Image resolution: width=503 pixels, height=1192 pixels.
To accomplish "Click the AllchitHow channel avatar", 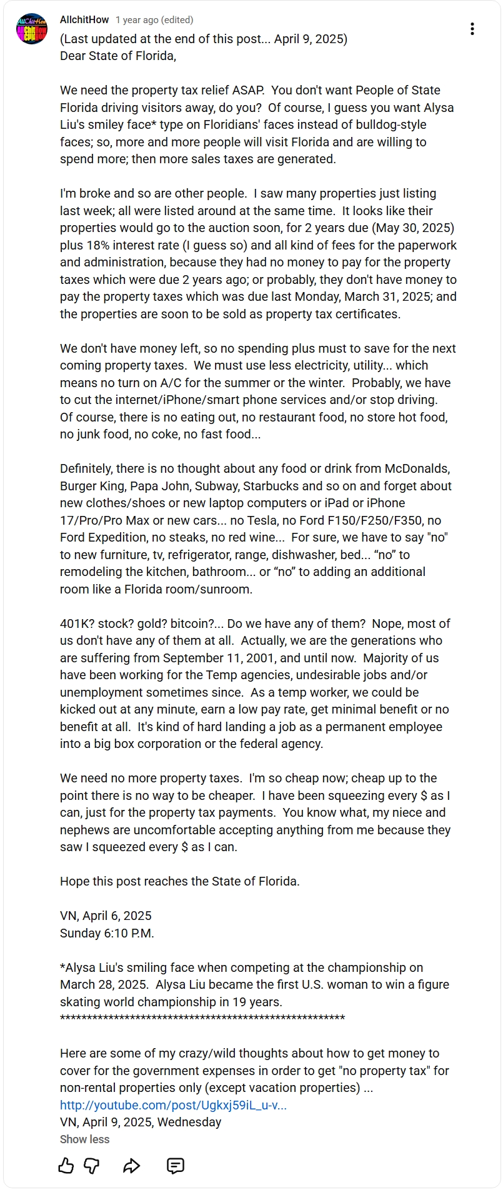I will click(32, 29).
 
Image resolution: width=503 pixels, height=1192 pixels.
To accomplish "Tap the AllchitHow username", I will click(84, 20).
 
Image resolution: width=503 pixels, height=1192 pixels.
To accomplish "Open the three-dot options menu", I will click(472, 29).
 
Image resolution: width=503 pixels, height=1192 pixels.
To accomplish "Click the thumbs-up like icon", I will click(66, 1165).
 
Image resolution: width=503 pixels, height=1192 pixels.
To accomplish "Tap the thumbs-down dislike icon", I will click(92, 1165).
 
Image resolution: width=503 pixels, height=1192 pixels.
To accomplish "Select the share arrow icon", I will click(131, 1165).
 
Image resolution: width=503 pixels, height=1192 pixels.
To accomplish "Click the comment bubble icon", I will click(176, 1165).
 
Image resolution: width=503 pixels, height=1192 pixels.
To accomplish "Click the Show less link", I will click(84, 1139).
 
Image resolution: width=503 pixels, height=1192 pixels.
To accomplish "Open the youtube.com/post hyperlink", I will click(173, 1104).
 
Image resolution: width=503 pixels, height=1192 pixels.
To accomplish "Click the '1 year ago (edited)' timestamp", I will click(154, 20).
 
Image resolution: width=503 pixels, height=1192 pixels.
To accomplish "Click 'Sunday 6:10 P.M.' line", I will click(107, 933).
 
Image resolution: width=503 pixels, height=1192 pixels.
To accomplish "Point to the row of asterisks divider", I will click(202, 1019).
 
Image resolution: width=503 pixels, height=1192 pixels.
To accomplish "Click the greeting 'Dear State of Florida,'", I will click(118, 56).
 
